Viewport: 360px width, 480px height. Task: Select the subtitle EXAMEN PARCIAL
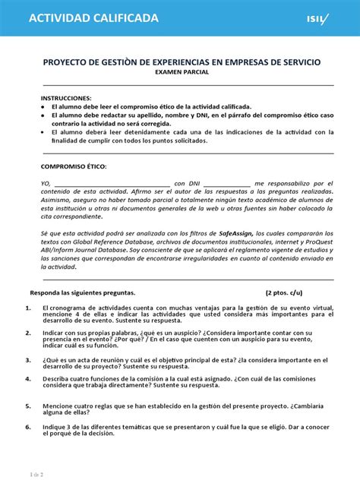[x=182, y=71]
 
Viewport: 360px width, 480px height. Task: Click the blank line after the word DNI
[x=227, y=184]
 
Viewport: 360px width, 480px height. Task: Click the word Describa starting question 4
[x=58, y=377]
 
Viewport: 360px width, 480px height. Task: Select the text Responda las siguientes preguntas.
[x=82, y=292]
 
